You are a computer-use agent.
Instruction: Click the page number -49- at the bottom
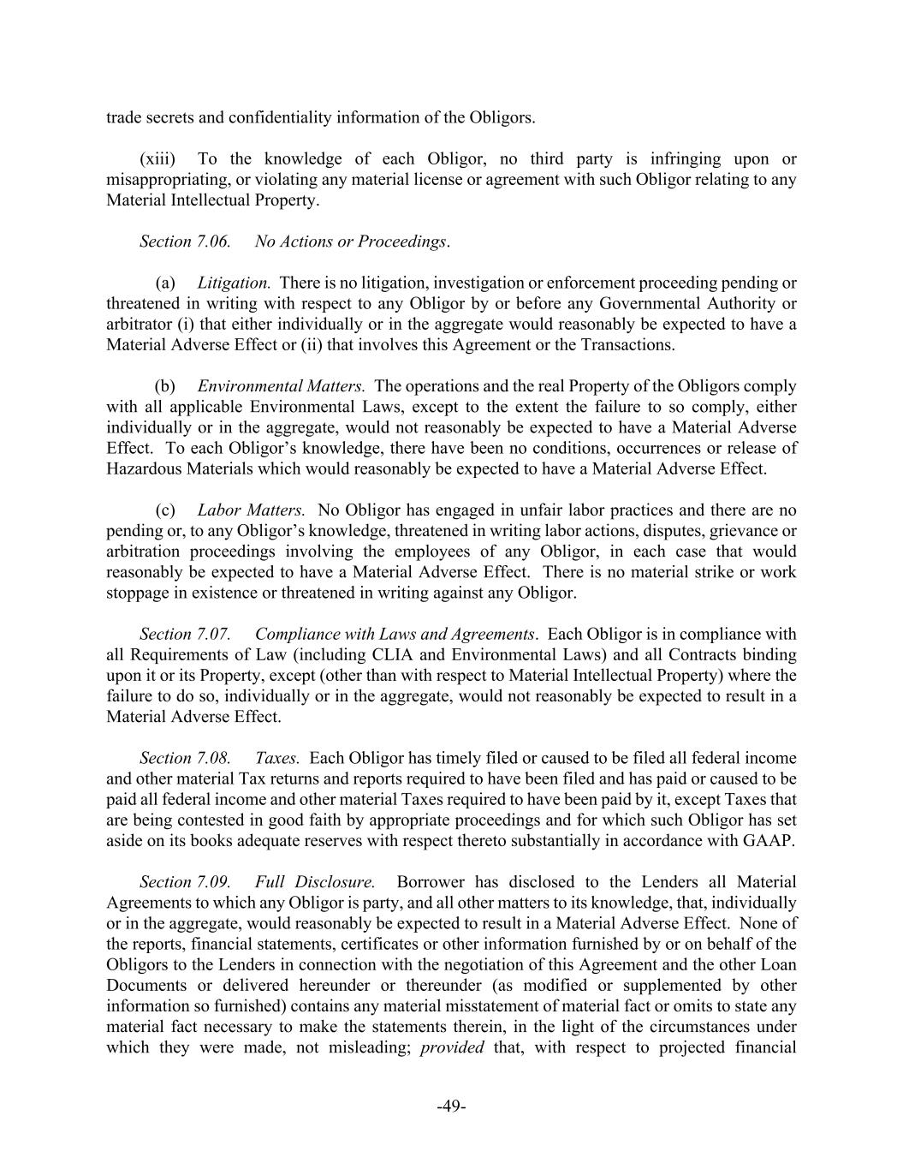451,1106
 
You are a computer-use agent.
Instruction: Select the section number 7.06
213,242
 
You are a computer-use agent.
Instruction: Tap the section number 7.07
213,635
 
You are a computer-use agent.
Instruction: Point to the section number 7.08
213,759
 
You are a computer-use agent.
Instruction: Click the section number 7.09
213,882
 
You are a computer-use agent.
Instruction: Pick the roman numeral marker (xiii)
157,159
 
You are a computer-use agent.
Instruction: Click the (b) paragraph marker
164,386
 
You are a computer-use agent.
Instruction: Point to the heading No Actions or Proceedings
351,242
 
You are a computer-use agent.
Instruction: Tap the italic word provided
452,1047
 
